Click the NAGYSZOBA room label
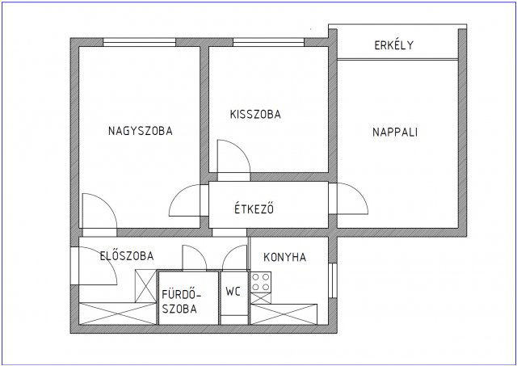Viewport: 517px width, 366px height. [141, 131]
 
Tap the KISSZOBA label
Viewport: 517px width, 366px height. [255, 115]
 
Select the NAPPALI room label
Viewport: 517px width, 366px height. [395, 132]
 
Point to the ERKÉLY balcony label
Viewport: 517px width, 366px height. [394, 45]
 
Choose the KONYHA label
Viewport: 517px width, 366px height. [284, 257]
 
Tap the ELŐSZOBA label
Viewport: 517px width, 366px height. [128, 256]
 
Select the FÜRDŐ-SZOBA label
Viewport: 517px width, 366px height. [179, 300]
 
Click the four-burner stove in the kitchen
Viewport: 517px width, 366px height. [261, 284]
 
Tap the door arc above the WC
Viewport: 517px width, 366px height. [233, 257]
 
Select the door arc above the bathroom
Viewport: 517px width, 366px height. [196, 257]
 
